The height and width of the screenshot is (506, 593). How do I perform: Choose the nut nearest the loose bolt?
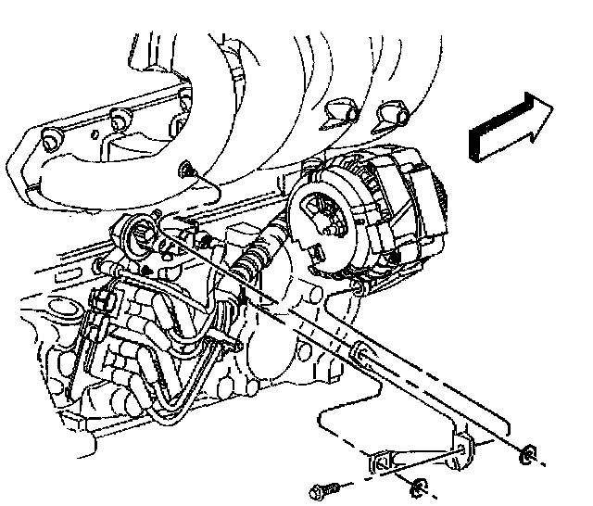point(419,487)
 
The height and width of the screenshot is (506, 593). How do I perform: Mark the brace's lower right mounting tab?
point(460,449)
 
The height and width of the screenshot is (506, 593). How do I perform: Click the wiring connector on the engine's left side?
point(107,301)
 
